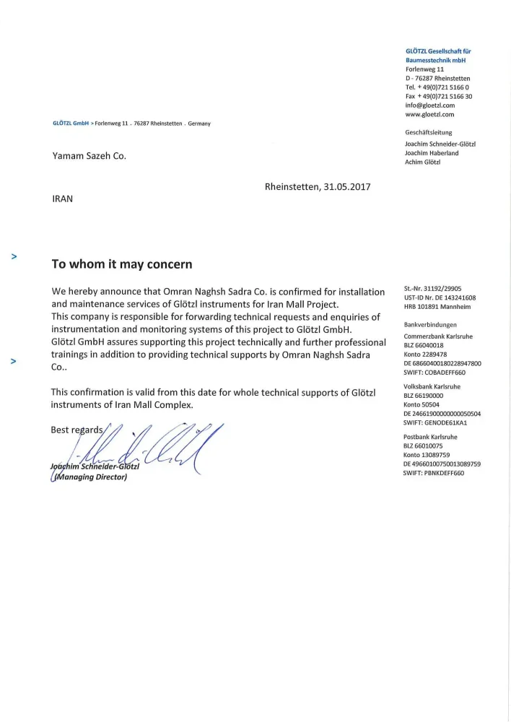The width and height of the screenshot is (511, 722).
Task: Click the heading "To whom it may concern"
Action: point(121,264)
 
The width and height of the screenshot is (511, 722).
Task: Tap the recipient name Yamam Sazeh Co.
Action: point(89,156)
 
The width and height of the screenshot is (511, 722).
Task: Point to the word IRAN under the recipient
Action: point(63,197)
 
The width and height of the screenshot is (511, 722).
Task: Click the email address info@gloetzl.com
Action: point(430,105)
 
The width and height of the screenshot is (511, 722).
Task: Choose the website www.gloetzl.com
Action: point(430,114)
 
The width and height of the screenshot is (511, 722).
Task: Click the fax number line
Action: point(439,96)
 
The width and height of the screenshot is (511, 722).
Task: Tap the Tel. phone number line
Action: point(437,87)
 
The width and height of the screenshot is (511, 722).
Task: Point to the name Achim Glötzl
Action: point(423,162)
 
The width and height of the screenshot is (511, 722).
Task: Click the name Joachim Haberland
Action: point(432,153)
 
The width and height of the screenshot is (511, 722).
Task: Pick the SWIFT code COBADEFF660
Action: point(434,373)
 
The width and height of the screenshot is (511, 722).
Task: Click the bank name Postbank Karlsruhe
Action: point(430,437)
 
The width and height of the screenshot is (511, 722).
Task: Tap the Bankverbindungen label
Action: point(430,325)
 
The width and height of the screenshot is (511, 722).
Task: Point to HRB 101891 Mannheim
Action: point(437,307)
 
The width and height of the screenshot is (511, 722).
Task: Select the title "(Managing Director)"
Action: point(89,476)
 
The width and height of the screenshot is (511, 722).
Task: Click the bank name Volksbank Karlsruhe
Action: point(432,386)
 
